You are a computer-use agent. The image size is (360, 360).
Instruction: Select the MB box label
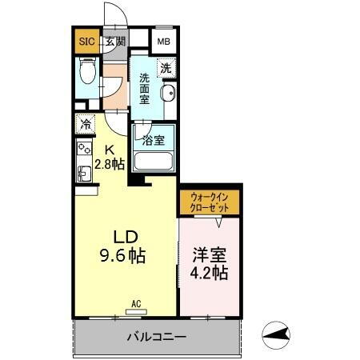coord(163,42)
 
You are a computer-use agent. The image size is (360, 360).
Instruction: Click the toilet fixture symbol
coord(87,78)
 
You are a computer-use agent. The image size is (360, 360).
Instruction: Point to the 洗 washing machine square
coord(166,69)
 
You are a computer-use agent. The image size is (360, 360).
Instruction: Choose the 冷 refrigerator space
coord(85,124)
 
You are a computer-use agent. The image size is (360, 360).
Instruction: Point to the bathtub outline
coord(154,161)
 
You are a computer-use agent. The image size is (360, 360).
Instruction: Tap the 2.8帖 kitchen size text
coord(109,164)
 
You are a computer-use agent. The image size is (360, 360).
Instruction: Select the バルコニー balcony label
coord(156,337)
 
